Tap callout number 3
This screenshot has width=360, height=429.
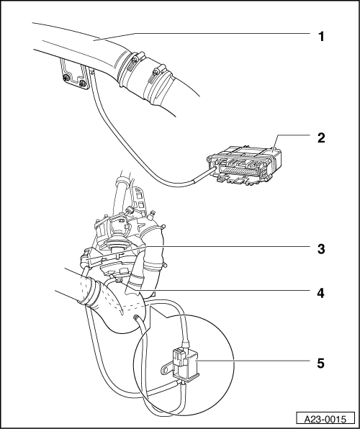pyautogui.click(x=320, y=249)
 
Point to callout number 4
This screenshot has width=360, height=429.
pyautogui.click(x=320, y=292)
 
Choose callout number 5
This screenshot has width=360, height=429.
pyautogui.click(x=320, y=363)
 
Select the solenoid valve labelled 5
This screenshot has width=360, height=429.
pyautogui.click(x=186, y=363)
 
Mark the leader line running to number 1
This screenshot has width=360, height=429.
pyautogui.click(x=216, y=33)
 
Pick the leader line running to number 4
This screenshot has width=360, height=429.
pyautogui.click(x=230, y=292)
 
